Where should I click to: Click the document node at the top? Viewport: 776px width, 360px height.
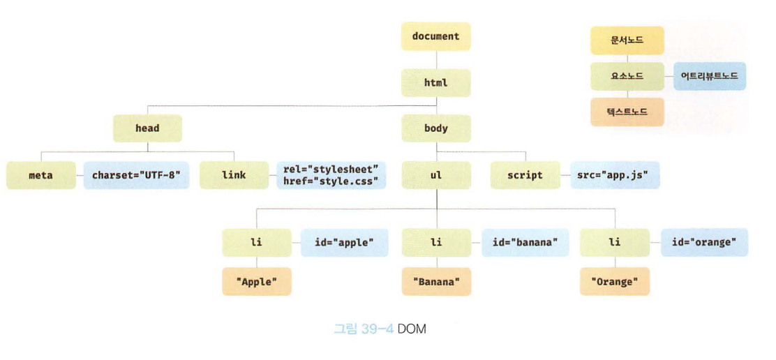tap(435, 36)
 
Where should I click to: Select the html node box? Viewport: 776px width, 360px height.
tap(435, 82)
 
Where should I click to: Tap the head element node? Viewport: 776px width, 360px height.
tap(147, 128)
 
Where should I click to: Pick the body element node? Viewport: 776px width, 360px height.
tap(435, 128)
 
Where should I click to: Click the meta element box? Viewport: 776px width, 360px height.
tap(40, 175)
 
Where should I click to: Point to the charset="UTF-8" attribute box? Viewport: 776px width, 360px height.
tap(137, 175)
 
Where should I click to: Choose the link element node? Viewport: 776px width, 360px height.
tap(233, 175)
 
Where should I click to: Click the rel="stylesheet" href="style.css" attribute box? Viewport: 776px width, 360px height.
tap(331, 175)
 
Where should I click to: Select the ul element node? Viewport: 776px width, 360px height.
tap(435, 175)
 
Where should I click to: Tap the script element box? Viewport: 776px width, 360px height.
tap(525, 175)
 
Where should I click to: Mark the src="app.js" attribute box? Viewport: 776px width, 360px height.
tap(614, 175)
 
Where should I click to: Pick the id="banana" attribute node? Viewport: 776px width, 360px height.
tap(525, 242)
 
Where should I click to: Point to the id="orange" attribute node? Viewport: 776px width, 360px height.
tap(703, 242)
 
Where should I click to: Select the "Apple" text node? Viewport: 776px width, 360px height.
tap(257, 282)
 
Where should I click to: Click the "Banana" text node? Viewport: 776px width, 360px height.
tap(435, 282)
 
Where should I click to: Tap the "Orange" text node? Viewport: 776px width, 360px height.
tap(614, 282)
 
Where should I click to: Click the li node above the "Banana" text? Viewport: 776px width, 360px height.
tap(435, 242)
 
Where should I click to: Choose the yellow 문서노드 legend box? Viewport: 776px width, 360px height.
tap(627, 40)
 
